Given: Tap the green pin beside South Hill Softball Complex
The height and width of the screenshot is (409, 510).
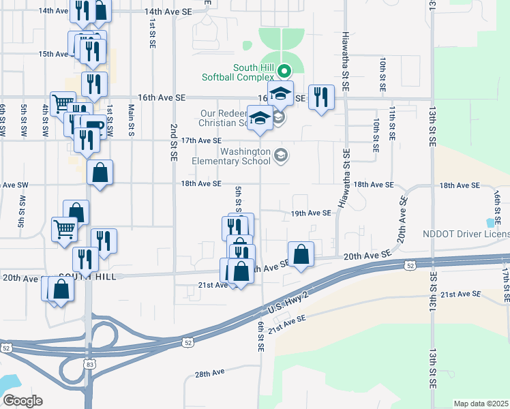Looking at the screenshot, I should pos(288,70).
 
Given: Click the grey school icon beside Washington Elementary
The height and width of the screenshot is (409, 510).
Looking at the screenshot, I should pos(280,157).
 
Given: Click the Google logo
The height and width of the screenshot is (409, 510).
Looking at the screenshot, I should pos(22,401).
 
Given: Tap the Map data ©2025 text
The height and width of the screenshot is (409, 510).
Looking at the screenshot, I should pos(481,404).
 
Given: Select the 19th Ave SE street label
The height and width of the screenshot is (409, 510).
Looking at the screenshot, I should pos(311,213).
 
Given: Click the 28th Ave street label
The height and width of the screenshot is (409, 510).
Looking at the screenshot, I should pos(209,374).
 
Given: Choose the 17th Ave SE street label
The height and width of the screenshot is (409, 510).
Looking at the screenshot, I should pos(201,140).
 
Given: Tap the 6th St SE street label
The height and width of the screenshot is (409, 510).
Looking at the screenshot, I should pos(260,337).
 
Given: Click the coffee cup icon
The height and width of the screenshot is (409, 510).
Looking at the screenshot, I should pos(93,127).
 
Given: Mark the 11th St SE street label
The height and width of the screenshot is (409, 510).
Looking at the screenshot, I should pos(392,123).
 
